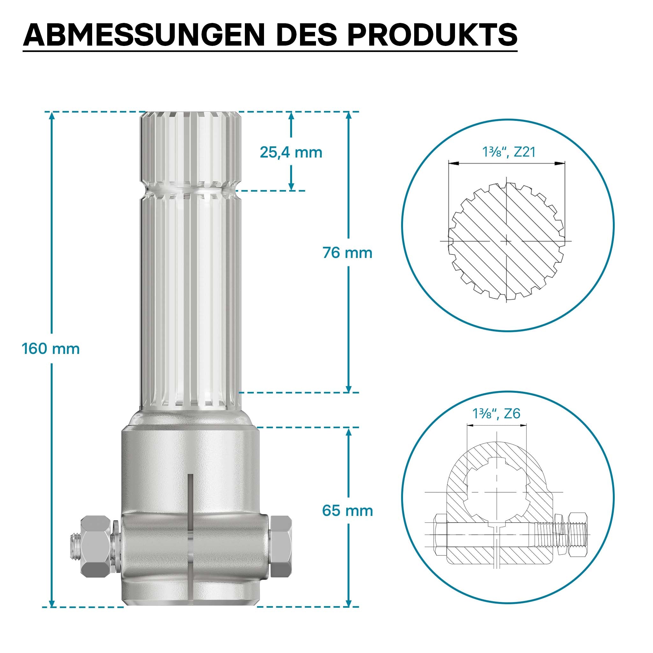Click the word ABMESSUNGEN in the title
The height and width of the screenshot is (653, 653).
coord(144,35)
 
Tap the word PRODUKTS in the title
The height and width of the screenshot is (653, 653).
coord(432,35)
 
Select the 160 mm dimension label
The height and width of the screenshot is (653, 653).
coord(51,349)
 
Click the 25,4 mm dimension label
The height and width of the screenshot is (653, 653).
coord(291,152)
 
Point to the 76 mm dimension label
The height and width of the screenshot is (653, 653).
coord(348,253)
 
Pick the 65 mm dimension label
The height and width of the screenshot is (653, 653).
coord(348,510)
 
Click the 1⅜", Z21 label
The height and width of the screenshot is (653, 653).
coord(509,152)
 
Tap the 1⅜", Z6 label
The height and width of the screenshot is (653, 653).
coord(496,413)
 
